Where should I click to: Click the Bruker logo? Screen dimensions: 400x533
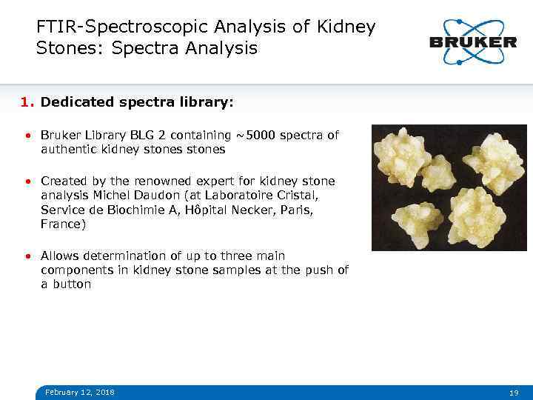coord(472,41)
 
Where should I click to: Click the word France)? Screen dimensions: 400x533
coord(64,224)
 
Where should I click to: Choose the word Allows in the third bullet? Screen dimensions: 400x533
coord(60,256)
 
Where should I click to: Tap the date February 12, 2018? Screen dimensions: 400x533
coord(80,392)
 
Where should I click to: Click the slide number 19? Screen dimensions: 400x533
coord(514,392)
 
